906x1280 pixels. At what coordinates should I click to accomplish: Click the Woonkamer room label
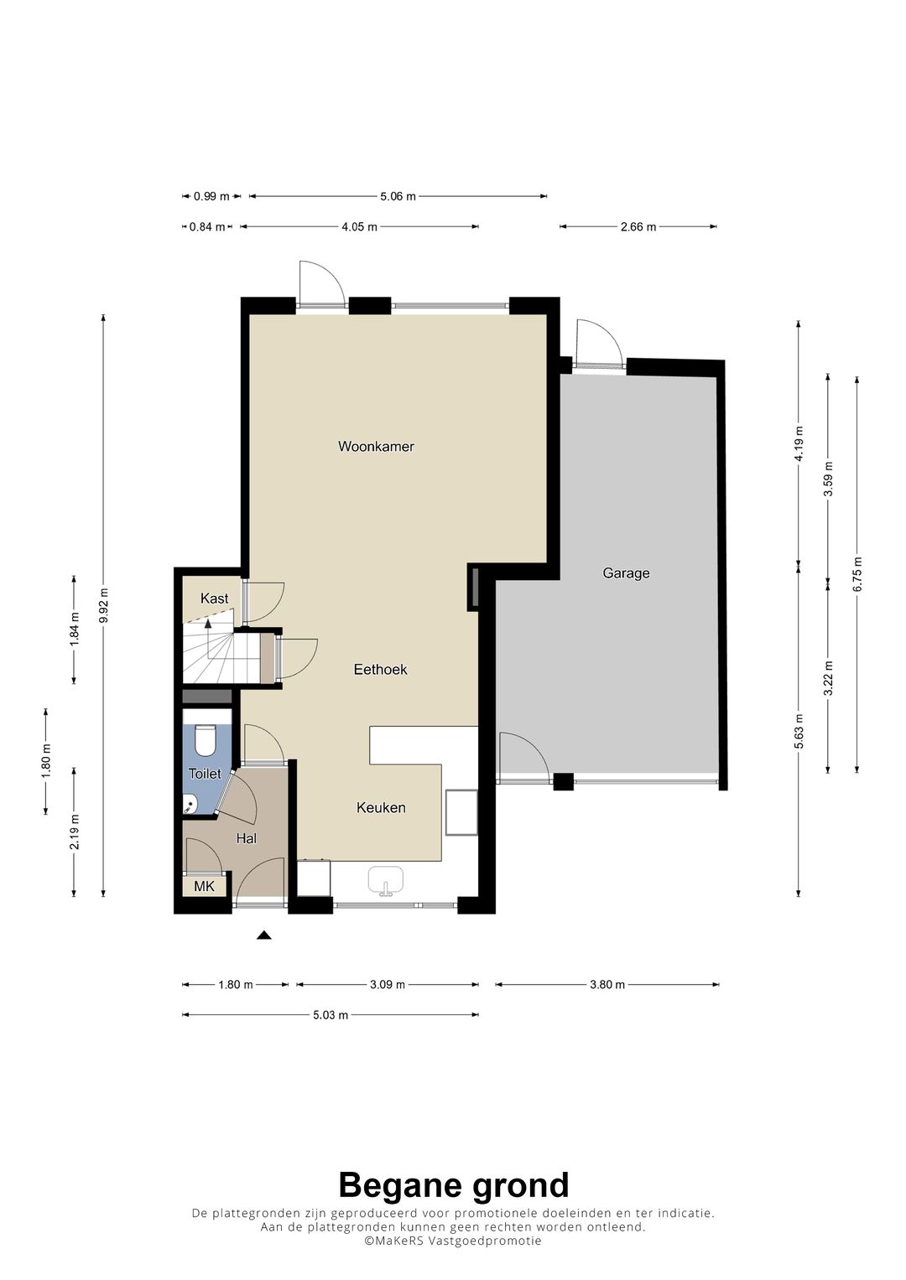376,446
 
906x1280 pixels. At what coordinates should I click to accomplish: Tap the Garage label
626,573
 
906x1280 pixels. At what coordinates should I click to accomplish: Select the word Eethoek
380,669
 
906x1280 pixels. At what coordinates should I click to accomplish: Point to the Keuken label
381,807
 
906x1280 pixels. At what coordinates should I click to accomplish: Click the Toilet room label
205,774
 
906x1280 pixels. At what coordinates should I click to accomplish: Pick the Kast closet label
215,599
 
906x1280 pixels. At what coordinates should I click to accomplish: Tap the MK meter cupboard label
204,886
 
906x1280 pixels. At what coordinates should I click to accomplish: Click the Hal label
247,838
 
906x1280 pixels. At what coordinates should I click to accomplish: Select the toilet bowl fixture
204,740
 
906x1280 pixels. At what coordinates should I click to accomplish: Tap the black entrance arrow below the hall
263,935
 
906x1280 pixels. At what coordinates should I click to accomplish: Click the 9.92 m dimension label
103,606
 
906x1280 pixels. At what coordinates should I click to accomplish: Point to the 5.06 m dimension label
398,197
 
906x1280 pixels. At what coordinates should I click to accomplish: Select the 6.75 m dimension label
857,574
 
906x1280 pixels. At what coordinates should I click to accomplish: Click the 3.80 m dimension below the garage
607,985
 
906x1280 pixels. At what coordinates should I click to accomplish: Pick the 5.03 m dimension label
330,1015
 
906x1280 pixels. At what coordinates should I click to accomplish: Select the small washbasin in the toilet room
190,806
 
